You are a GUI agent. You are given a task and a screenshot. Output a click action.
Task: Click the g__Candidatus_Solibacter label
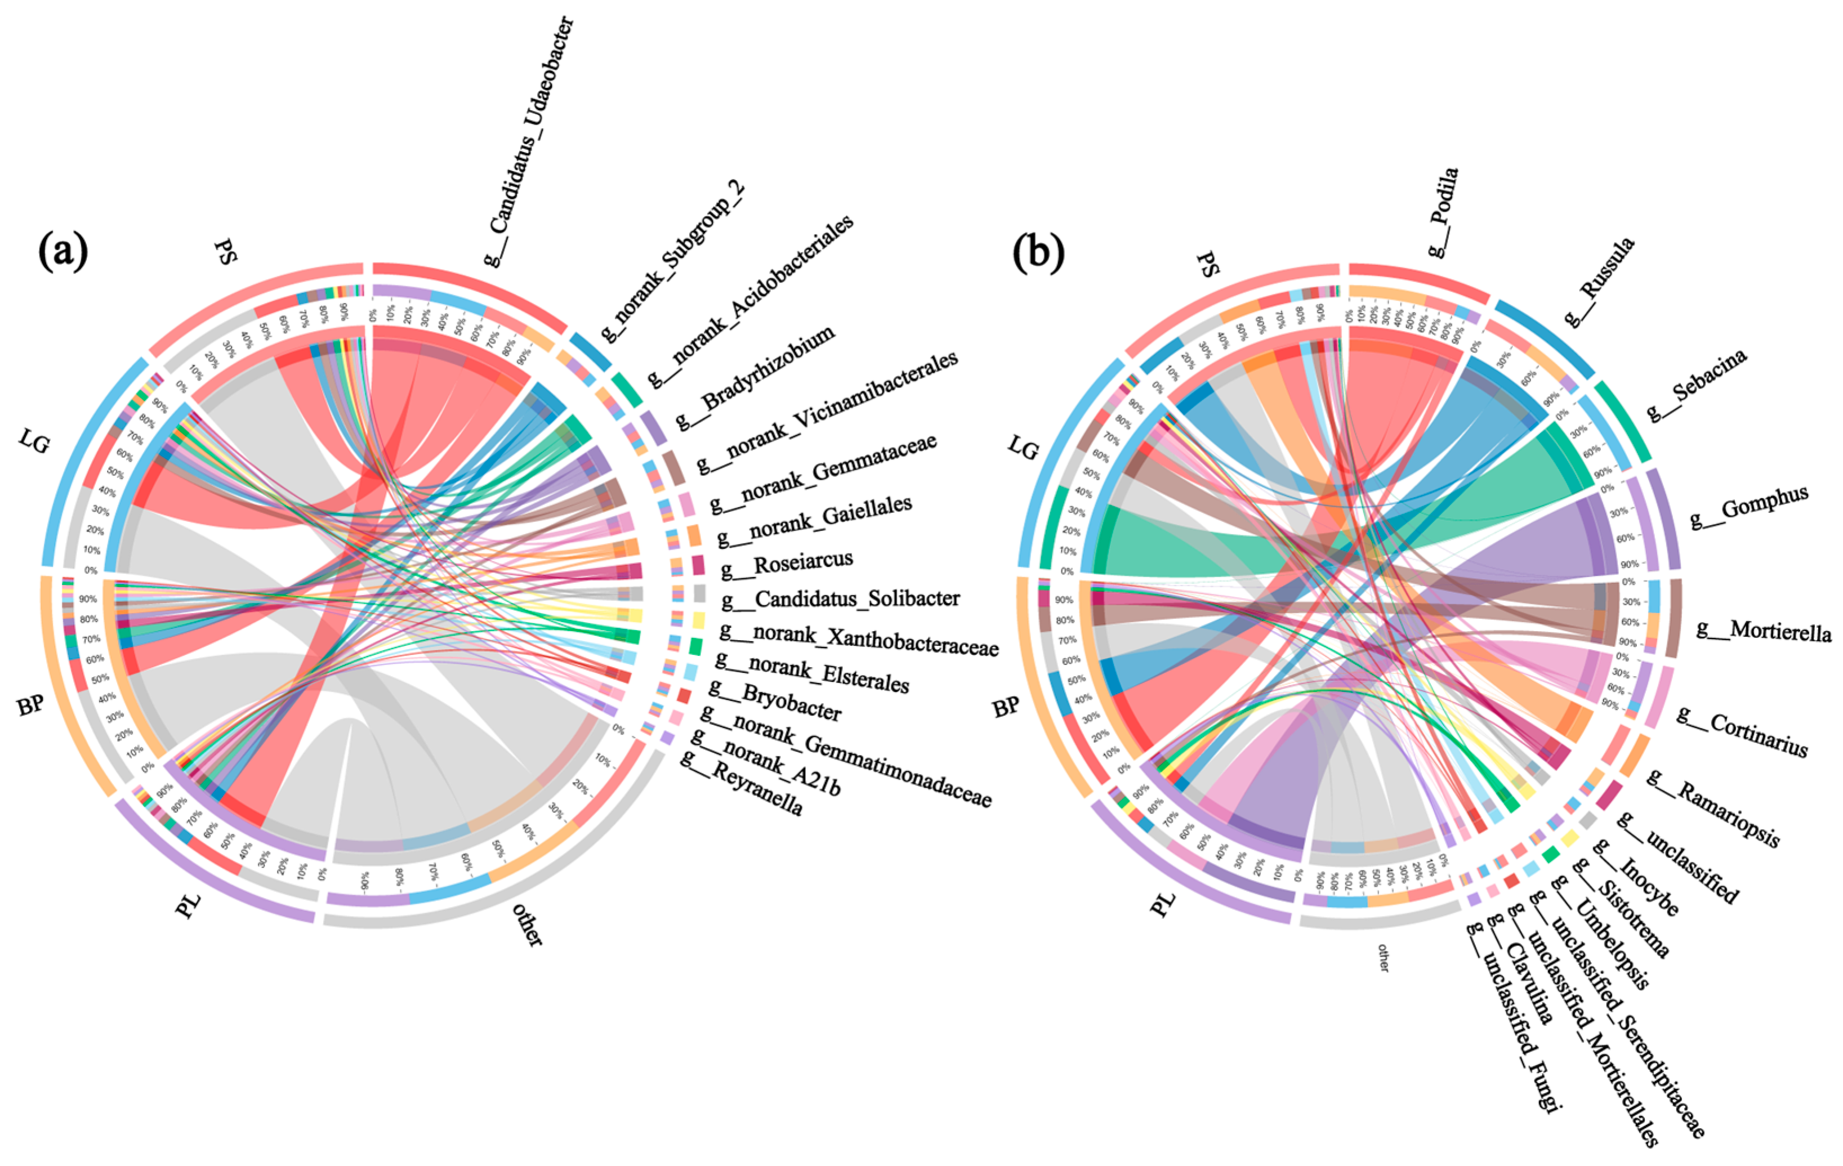click(840, 598)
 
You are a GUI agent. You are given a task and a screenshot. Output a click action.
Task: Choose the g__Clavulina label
click(1519, 968)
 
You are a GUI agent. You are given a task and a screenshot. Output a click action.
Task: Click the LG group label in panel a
click(34, 441)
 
